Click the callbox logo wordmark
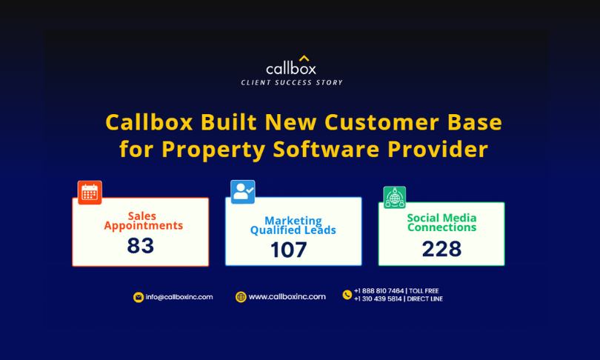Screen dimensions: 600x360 [291, 68]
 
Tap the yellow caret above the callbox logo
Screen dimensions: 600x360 [304, 59]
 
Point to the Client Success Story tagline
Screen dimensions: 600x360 [292, 83]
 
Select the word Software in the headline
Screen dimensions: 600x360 [326, 149]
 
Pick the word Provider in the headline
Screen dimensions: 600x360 [438, 149]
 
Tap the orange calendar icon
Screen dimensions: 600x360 [90, 193]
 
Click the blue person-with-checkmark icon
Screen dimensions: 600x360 [243, 192]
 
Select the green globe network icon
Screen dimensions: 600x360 [395, 197]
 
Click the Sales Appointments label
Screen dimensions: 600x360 [143, 221]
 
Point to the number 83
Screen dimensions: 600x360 [141, 246]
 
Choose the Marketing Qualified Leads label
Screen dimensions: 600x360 [293, 225]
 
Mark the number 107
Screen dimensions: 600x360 [289, 250]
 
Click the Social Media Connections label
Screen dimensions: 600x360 [441, 223]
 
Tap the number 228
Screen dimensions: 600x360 [441, 249]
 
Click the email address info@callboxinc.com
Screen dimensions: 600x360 [179, 297]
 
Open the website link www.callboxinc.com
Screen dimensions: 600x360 [287, 296]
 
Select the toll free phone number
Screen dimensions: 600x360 [379, 291]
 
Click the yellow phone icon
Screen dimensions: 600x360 [347, 295]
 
